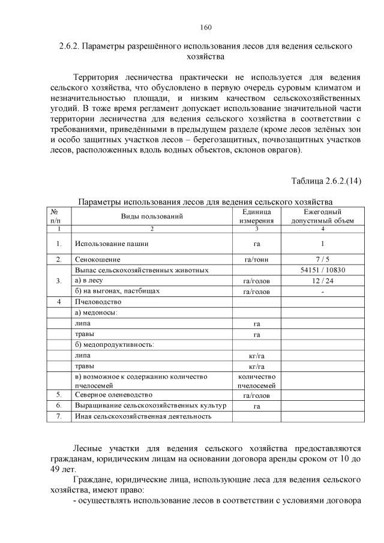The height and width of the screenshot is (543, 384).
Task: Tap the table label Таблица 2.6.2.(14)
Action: tap(325, 181)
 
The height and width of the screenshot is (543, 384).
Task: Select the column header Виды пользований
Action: tap(152, 216)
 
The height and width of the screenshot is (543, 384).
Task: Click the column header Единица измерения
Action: tap(256, 216)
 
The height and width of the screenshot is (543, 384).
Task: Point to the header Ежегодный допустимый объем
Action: tap(322, 216)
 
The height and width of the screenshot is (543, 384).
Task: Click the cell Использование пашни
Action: tap(112, 244)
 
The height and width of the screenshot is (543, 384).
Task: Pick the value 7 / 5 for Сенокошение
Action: tap(322, 260)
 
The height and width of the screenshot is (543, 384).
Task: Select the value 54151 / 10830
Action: tap(322, 270)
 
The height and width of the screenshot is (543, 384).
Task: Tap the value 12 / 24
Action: tap(322, 280)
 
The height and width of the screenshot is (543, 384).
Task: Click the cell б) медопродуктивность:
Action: tap(113, 344)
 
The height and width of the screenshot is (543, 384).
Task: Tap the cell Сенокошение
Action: tap(98, 260)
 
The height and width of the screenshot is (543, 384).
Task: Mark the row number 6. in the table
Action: tap(59, 406)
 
